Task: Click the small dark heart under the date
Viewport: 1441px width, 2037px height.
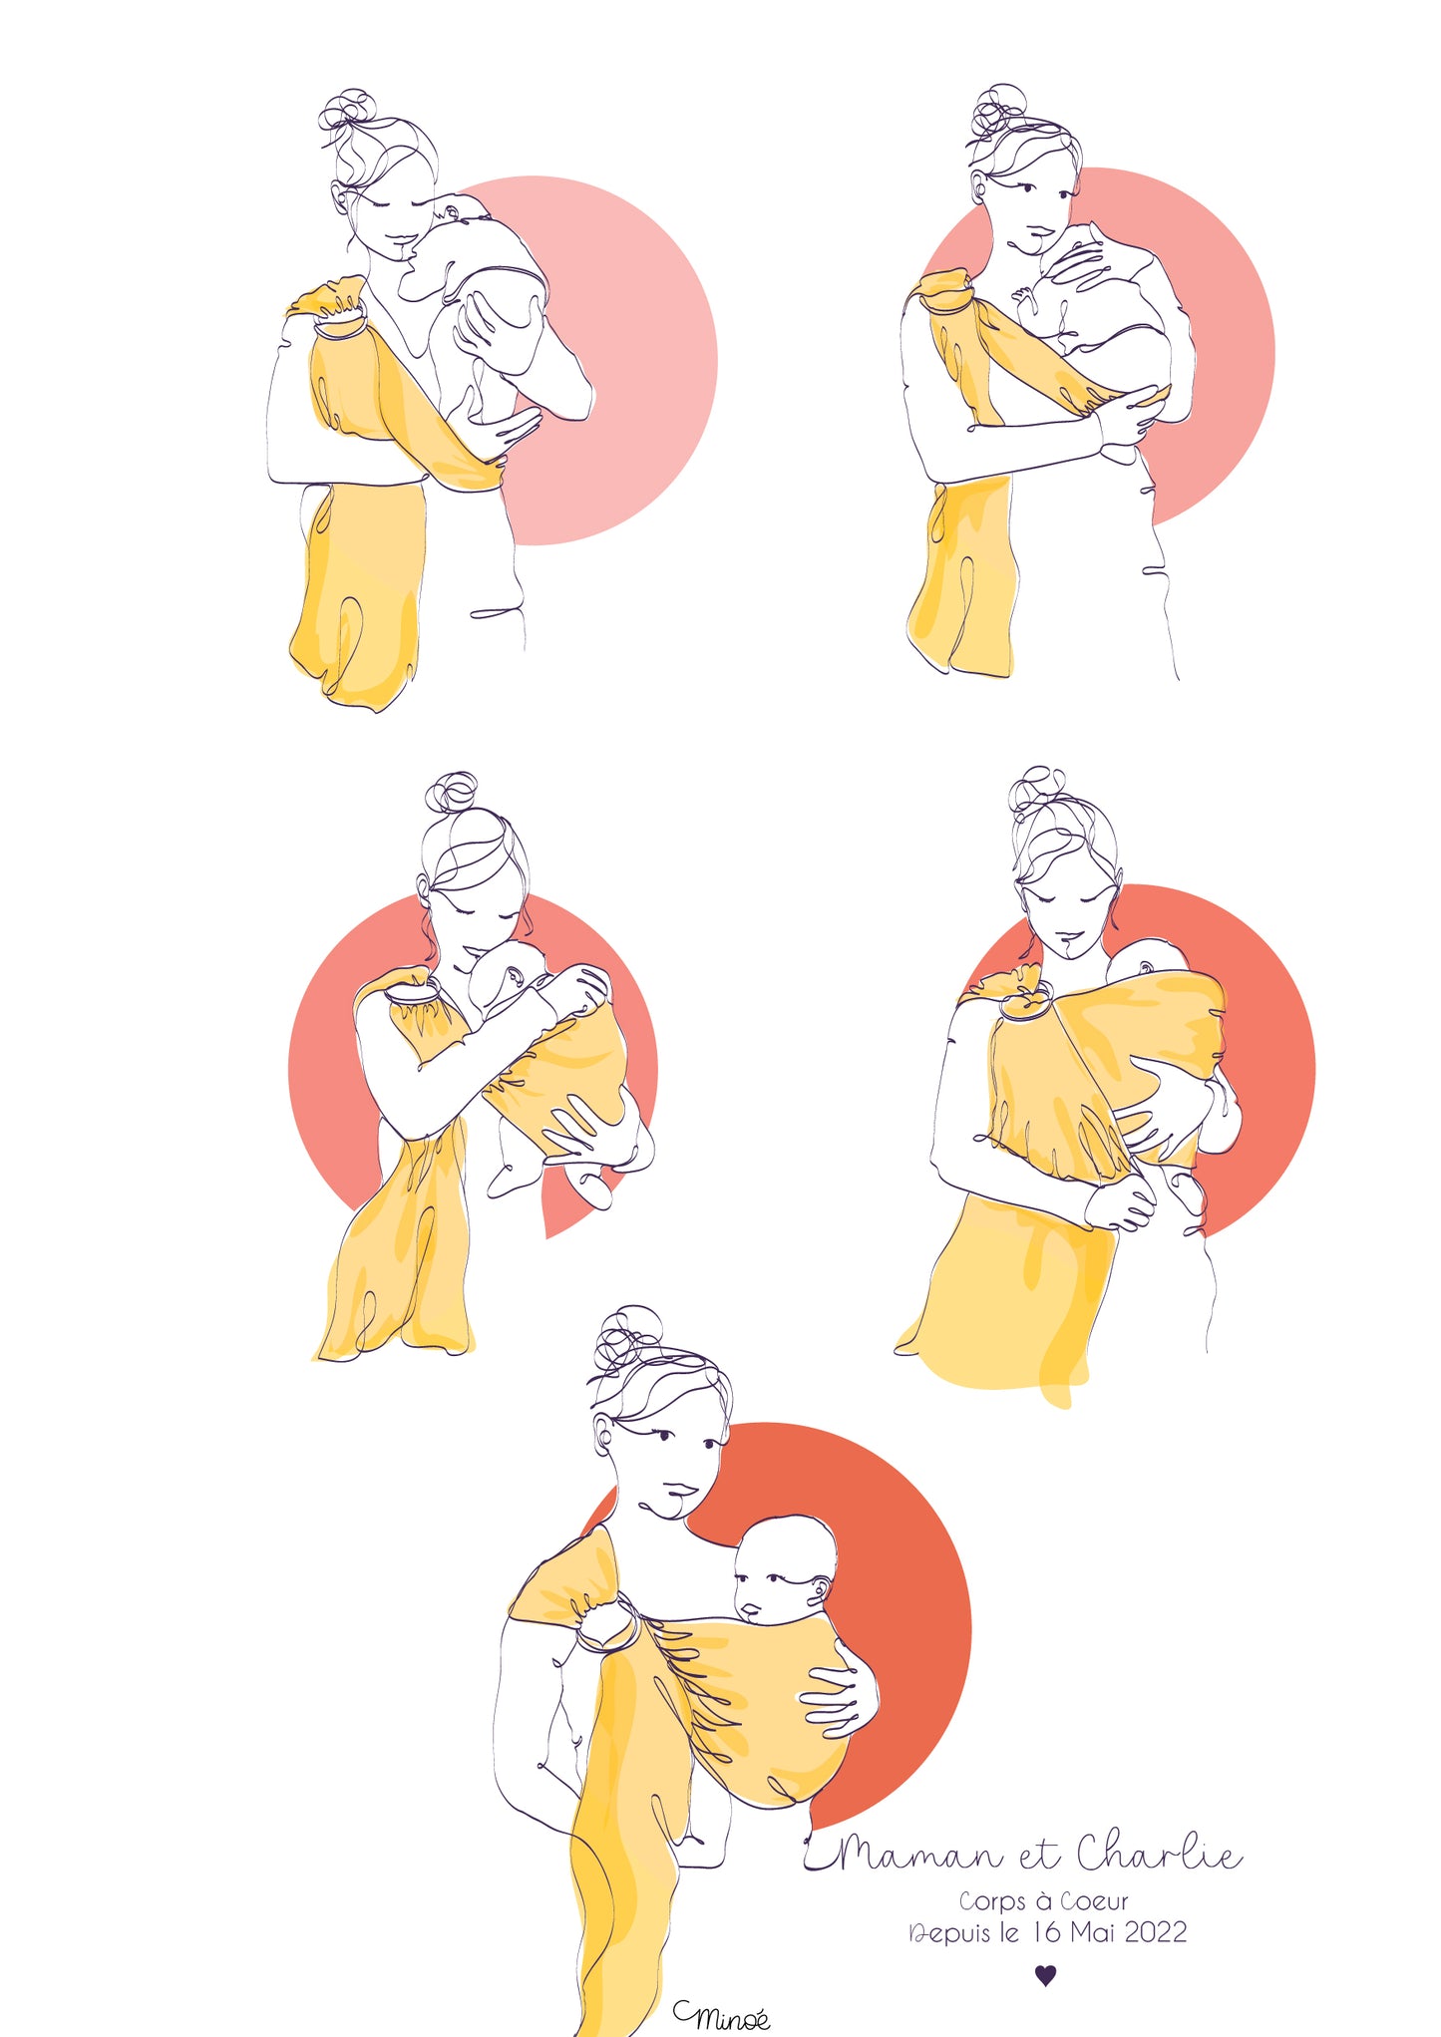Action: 1045,1974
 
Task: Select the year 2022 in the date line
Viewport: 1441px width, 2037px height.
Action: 1155,1932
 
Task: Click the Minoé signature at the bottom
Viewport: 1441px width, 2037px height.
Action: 721,2015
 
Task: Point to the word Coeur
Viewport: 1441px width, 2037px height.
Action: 1094,1901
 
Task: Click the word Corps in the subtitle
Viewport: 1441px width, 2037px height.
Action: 992,1902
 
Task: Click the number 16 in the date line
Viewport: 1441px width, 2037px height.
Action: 1047,1932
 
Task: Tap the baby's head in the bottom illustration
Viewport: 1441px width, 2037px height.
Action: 784,1570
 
